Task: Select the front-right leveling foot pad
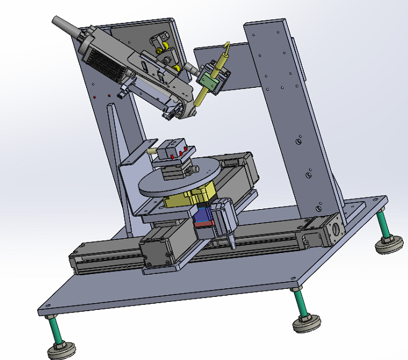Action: coord(306,322)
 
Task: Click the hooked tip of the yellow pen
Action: coord(227,46)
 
